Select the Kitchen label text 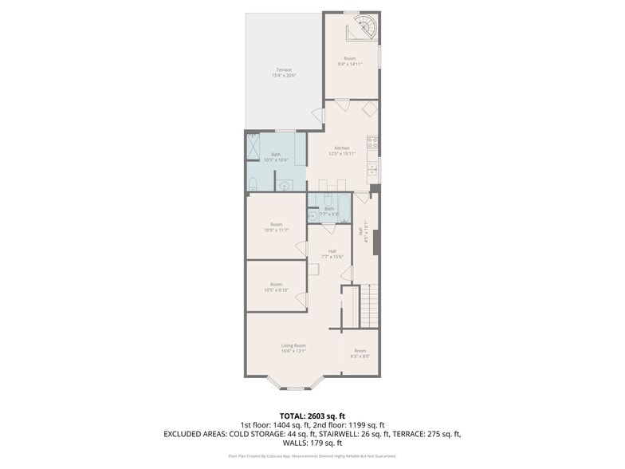click(x=342, y=148)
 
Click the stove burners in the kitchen click(x=372, y=144)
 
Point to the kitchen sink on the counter click(x=372, y=169)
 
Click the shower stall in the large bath click(x=254, y=148)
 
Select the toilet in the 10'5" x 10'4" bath click(x=251, y=185)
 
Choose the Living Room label click(x=293, y=345)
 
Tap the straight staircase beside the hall click(x=369, y=305)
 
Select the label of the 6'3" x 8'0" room click(x=360, y=351)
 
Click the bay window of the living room click(x=294, y=387)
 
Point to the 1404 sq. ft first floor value click(x=293, y=425)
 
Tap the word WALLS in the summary click(x=295, y=443)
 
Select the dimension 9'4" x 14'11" click(x=350, y=64)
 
